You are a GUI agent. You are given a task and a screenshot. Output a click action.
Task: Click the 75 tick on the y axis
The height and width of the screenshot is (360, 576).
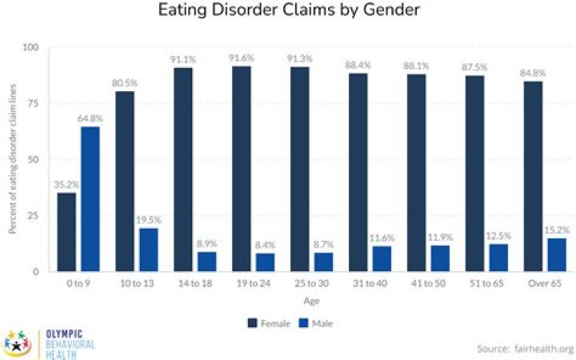point(33,103)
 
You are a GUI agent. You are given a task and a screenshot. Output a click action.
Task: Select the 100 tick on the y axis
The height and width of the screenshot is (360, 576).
point(31,47)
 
